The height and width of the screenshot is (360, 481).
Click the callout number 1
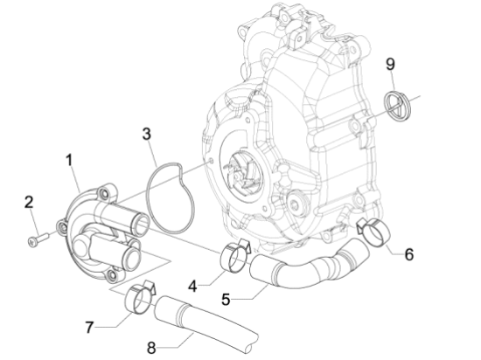point(70,160)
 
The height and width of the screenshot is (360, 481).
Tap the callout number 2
point(29,202)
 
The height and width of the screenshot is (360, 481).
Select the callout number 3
point(147,135)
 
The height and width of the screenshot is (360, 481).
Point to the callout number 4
point(192,287)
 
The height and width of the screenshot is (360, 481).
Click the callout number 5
point(226,300)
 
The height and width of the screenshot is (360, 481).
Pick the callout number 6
point(409,254)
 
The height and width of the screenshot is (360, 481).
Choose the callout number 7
point(89,327)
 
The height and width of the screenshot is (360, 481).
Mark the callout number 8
point(151,348)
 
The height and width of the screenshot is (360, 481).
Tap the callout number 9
point(390,65)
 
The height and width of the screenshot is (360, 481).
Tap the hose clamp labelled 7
point(139,297)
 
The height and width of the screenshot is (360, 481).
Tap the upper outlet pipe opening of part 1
point(140,225)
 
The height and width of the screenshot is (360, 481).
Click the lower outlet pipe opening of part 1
point(132,259)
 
